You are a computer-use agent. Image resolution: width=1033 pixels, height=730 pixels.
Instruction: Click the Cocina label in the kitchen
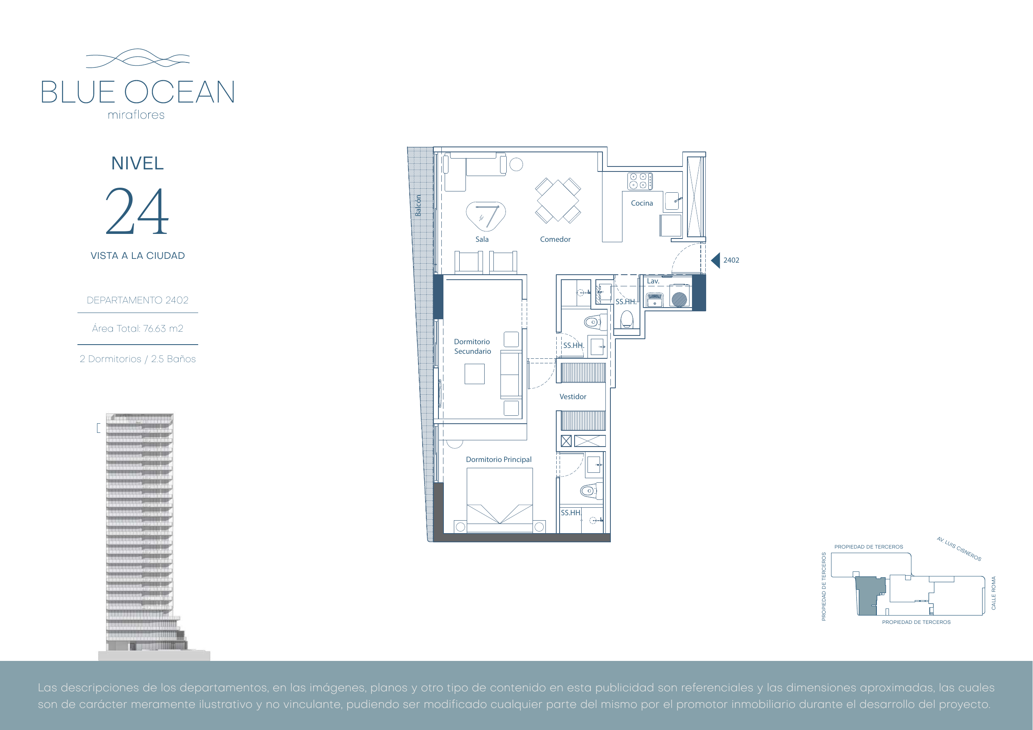(642, 203)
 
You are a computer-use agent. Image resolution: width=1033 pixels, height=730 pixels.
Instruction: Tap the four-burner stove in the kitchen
(640, 181)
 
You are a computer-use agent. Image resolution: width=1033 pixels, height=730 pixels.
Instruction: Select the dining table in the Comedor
(558, 200)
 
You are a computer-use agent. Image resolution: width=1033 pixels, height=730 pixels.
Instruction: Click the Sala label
(482, 239)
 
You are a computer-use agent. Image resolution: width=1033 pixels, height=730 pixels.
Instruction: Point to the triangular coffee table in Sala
(486, 216)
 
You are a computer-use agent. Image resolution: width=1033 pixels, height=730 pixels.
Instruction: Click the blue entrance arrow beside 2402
(715, 260)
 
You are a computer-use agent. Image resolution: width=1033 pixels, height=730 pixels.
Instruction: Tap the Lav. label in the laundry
(653, 281)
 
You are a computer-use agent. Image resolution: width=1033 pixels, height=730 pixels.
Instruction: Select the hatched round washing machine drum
(680, 299)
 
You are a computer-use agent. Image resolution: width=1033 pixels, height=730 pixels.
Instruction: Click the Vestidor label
(573, 397)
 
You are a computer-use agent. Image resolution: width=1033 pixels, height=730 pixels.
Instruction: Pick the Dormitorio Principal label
(498, 459)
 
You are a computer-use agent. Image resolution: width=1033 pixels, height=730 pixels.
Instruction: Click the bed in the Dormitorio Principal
(500, 500)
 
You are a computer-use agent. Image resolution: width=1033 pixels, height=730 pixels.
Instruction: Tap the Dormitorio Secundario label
(473, 346)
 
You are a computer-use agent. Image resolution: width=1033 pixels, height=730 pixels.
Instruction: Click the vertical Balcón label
(418, 206)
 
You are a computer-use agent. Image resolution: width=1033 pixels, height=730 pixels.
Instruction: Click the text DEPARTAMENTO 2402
(138, 300)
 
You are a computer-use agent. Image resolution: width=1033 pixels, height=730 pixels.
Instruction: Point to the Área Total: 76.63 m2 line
(138, 328)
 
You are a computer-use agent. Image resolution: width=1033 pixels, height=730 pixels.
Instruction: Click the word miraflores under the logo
(136, 115)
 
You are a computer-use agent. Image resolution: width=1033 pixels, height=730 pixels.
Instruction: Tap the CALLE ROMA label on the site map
(993, 593)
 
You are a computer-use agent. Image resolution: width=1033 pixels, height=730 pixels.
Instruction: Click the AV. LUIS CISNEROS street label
(959, 549)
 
